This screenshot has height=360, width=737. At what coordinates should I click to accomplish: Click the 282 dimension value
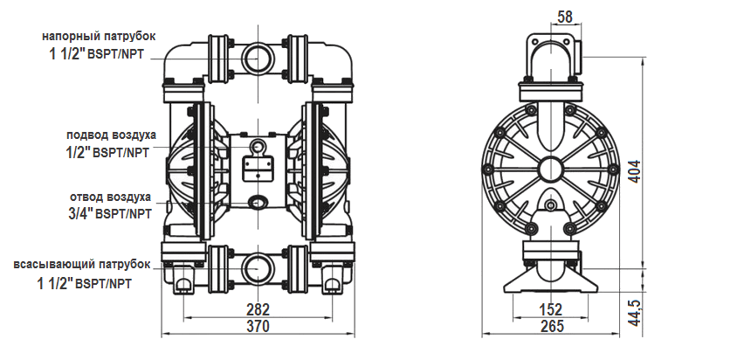coord(257,310)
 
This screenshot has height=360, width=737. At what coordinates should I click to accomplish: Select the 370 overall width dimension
coord(257,326)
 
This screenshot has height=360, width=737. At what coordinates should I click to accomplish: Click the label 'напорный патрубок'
coord(99,37)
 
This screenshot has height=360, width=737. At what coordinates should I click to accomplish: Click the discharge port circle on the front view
coord(257,56)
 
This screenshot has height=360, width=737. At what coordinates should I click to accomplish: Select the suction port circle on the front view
coord(257,265)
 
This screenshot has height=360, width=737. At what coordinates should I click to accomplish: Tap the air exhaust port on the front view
coord(258,202)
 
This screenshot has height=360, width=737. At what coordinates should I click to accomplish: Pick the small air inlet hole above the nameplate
coord(257,145)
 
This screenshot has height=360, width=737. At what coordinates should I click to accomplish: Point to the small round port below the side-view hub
coord(550,205)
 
